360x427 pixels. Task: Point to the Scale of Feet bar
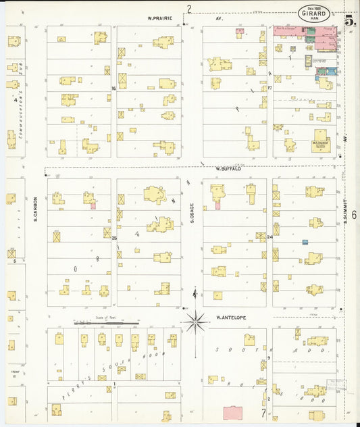(106, 323)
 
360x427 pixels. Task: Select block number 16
(114, 89)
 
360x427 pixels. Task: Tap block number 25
(114, 238)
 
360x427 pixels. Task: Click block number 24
(269, 237)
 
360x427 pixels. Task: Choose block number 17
(269, 88)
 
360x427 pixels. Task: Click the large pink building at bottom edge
(234, 413)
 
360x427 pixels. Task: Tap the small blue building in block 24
(305, 242)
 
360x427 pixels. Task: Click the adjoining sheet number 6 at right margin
(353, 214)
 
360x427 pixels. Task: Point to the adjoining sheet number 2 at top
(189, 8)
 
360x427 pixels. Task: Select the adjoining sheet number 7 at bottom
(263, 412)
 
